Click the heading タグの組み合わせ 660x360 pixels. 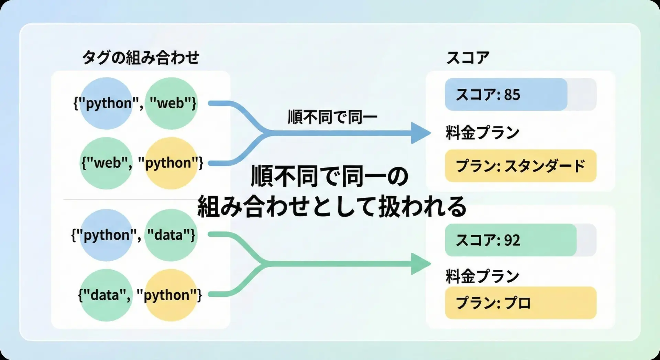pyautogui.click(x=141, y=57)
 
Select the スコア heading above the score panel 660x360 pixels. pyautogui.click(x=467, y=57)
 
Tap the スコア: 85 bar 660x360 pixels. pyautogui.click(x=506, y=94)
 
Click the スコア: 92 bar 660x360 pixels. pyautogui.click(x=510, y=240)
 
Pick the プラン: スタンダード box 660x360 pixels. pyautogui.click(x=520, y=166)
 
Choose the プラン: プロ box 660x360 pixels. pyautogui.click(x=520, y=303)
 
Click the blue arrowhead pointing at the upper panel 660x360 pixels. pyautogui.click(x=420, y=133)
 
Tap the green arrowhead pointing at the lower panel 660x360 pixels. pyautogui.click(x=420, y=264)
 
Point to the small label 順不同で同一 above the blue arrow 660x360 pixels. pyautogui.click(x=332, y=117)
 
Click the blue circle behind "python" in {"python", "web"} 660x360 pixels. pyautogui.click(x=106, y=103)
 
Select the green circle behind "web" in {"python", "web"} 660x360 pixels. pyautogui.click(x=171, y=103)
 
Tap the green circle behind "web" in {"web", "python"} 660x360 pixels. pyautogui.click(x=106, y=163)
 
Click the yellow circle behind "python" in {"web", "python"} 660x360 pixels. pyautogui.click(x=171, y=163)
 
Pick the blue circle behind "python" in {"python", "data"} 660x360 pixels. pyautogui.click(x=106, y=235)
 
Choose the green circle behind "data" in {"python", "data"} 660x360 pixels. pyautogui.click(x=171, y=235)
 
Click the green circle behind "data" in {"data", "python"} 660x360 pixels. pyautogui.click(x=106, y=295)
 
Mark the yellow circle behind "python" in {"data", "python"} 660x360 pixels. pyautogui.click(x=171, y=295)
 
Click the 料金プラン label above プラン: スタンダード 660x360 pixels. pyautogui.click(x=482, y=133)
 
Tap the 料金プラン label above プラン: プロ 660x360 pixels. pyautogui.click(x=482, y=276)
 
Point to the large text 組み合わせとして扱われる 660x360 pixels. pyautogui.click(x=332, y=206)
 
